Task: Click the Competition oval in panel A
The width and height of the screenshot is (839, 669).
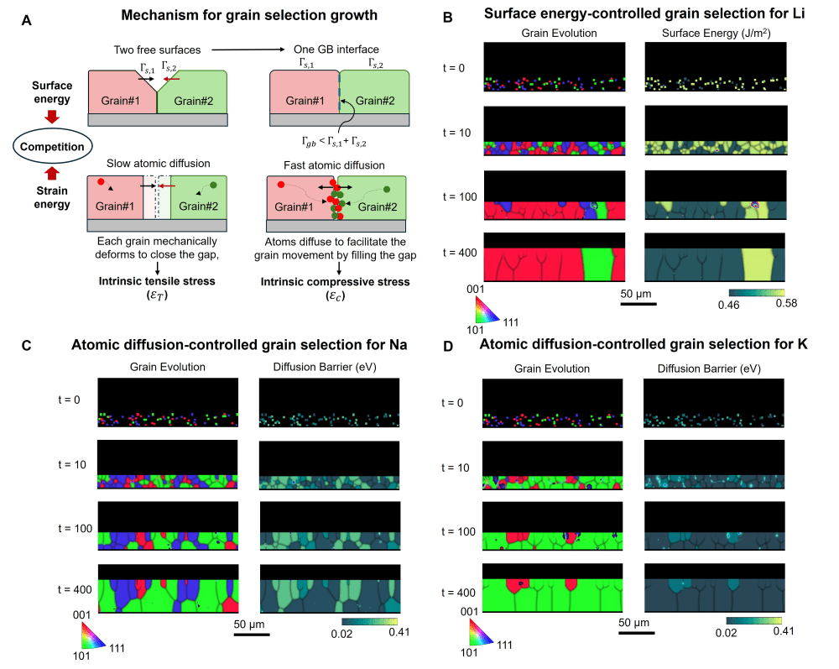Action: coord(51,148)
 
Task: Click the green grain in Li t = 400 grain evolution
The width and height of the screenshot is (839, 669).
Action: coord(600,264)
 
